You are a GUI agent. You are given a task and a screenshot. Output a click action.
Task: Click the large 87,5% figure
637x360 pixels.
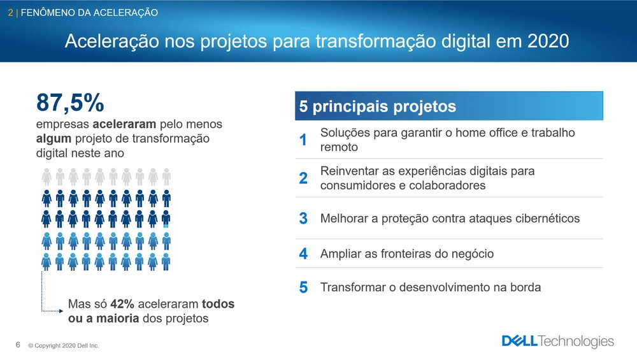click(70, 102)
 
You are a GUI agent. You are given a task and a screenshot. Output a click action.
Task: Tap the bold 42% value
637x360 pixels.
click(122, 303)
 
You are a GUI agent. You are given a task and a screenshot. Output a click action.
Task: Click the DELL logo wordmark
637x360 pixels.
click(520, 341)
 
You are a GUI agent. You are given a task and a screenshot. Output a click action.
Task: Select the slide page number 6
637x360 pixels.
click(18, 345)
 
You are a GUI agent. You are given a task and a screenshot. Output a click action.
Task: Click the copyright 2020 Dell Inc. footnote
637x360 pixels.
click(63, 345)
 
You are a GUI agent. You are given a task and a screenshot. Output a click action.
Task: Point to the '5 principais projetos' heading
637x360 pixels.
click(377, 106)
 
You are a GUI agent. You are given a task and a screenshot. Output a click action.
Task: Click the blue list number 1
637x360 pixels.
click(303, 140)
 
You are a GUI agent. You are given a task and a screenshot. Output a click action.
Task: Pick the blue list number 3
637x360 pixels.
click(303, 218)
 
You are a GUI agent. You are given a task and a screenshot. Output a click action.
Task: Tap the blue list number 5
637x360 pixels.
click(303, 287)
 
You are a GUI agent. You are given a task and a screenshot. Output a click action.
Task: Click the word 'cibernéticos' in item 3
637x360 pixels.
click(548, 218)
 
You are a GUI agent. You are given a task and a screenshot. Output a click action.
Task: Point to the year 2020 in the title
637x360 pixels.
click(548, 41)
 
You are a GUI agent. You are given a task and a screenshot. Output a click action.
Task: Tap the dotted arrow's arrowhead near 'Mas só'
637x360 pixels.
click(61, 311)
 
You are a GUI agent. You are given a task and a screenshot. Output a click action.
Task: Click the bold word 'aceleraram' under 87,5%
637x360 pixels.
click(124, 124)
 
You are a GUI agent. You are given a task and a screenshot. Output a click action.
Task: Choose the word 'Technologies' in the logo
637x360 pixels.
click(576, 342)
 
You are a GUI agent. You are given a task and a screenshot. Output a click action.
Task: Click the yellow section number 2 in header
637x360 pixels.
click(11, 13)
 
